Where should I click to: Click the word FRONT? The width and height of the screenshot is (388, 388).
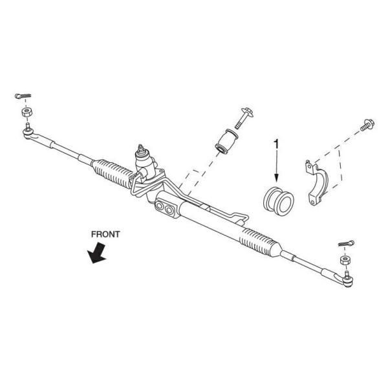point(105,234)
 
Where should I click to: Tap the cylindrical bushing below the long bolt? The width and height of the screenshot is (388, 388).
point(229,142)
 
